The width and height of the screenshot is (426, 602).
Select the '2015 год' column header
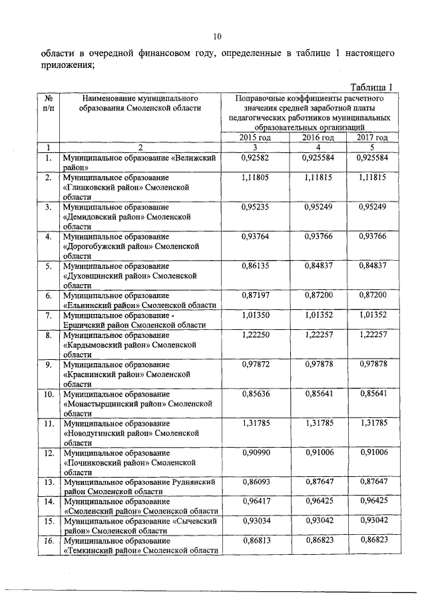pyautogui.click(x=256, y=137)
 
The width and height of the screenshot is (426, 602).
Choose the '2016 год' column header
pyautogui.click(x=318, y=137)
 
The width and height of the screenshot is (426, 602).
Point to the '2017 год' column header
pyautogui.click(x=372, y=137)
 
